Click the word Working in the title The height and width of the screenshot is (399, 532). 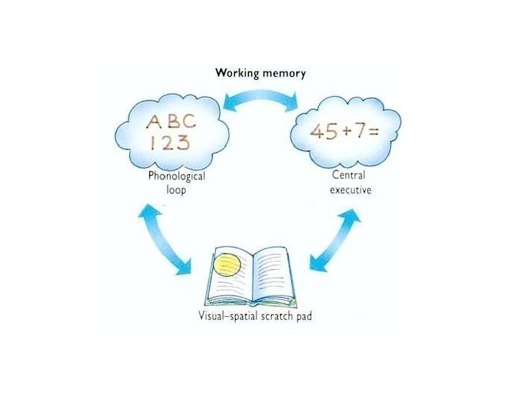tap(236, 73)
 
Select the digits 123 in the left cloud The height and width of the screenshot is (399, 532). tap(169, 142)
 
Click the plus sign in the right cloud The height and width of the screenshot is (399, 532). tap(344, 132)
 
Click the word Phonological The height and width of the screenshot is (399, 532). tap(177, 177)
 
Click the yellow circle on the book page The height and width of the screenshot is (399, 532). tap(225, 263)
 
